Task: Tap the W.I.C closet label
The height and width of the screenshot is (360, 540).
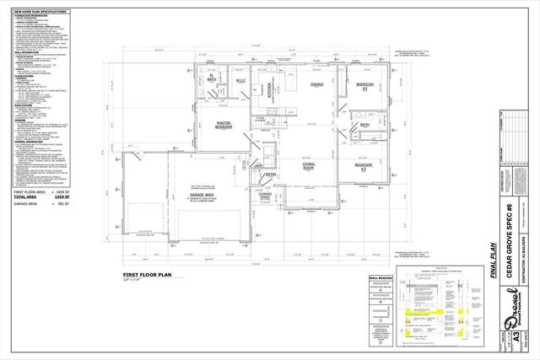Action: click(x=240, y=82)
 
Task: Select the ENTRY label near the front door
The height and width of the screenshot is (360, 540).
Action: click(x=272, y=175)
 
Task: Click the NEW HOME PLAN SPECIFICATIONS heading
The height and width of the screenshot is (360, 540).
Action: click(x=43, y=10)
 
